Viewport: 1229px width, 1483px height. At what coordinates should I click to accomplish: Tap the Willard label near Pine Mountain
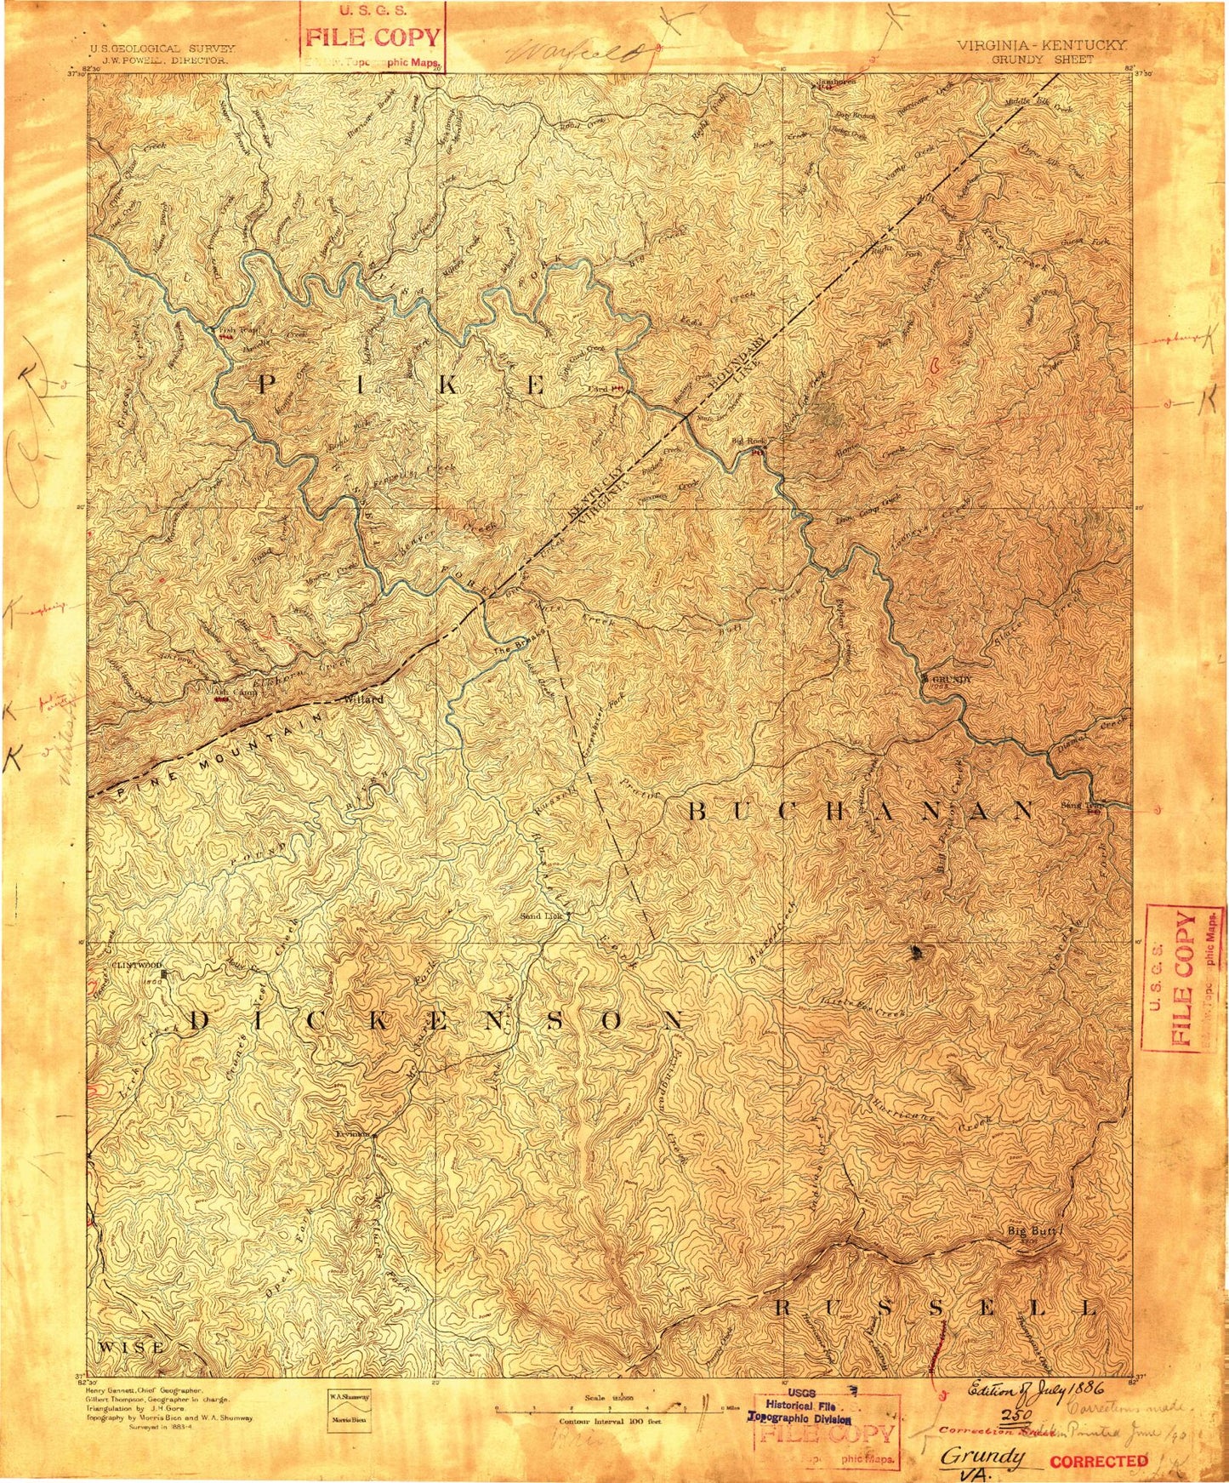[x=363, y=699]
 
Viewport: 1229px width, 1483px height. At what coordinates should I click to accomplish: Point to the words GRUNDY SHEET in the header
[x=1042, y=60]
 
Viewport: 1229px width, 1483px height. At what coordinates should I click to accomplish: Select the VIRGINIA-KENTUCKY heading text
[x=1042, y=47]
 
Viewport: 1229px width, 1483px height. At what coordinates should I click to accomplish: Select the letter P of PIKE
[x=266, y=385]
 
